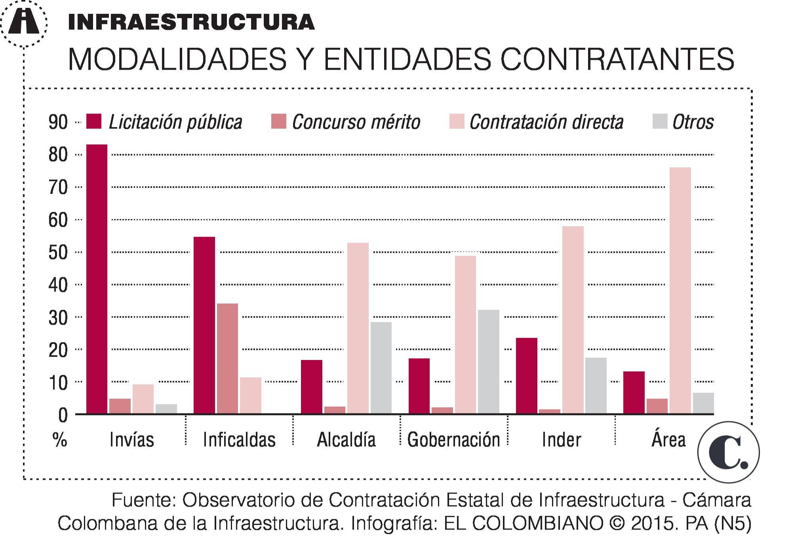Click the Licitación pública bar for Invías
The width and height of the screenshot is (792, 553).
coord(97,279)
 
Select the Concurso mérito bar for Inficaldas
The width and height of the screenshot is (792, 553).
coord(227,358)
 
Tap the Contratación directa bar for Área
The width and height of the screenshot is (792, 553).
coord(680,291)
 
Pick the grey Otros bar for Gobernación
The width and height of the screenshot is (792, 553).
coord(488,362)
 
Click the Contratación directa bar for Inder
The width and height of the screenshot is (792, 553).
coord(573,320)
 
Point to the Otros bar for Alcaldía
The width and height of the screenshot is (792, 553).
coord(381,368)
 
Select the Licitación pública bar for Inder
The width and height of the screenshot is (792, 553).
coord(526,376)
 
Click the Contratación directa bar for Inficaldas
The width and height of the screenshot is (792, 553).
coord(250,396)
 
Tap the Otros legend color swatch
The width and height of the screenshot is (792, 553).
coord(660,121)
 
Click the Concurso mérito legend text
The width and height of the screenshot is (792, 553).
coord(356,122)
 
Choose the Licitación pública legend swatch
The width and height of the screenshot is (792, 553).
coord(94,121)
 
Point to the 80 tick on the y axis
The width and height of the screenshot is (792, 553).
coord(58,155)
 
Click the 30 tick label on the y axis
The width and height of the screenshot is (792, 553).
coord(58,317)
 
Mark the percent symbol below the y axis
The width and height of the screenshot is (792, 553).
coord(59,439)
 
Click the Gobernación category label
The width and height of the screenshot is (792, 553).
coord(453,440)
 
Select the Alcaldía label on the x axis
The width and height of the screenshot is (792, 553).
coord(346,440)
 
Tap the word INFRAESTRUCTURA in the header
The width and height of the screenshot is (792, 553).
coord(191,22)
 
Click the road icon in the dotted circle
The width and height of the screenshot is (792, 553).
coord(24,22)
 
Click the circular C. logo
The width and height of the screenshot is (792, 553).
coord(728,452)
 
